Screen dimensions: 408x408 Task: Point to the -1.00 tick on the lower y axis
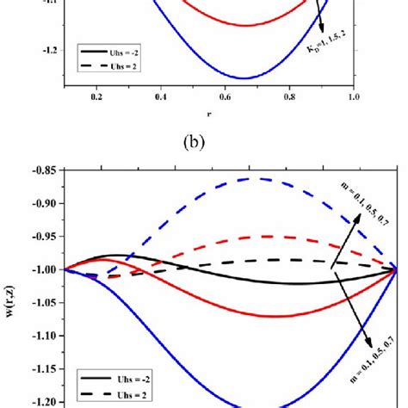click(34, 269)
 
